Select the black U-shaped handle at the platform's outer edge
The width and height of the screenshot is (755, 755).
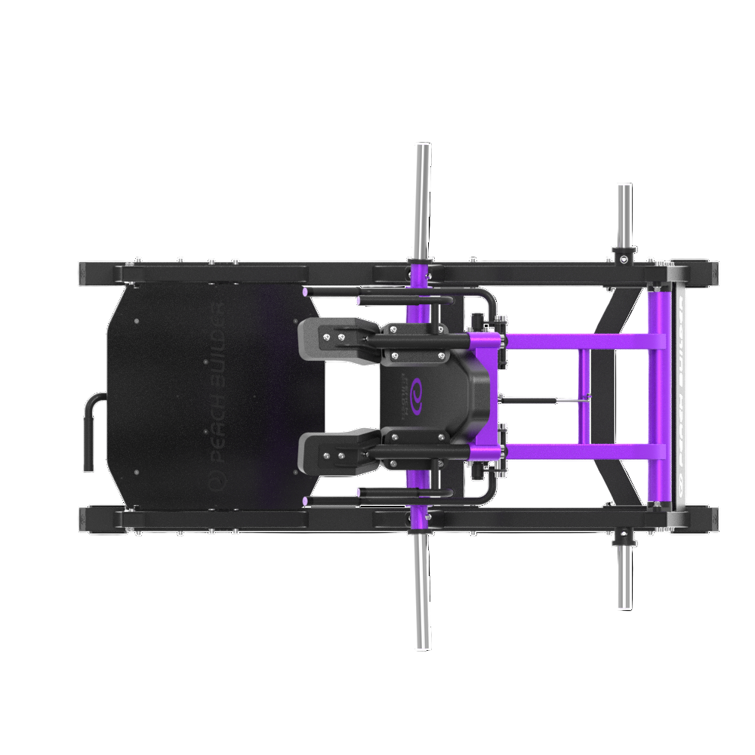(91, 430)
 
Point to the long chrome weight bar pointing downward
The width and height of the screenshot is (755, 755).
(423, 596)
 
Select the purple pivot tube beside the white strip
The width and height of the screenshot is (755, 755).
(660, 393)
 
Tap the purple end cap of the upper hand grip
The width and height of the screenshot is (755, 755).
(304, 291)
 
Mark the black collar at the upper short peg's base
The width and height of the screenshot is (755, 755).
(624, 256)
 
